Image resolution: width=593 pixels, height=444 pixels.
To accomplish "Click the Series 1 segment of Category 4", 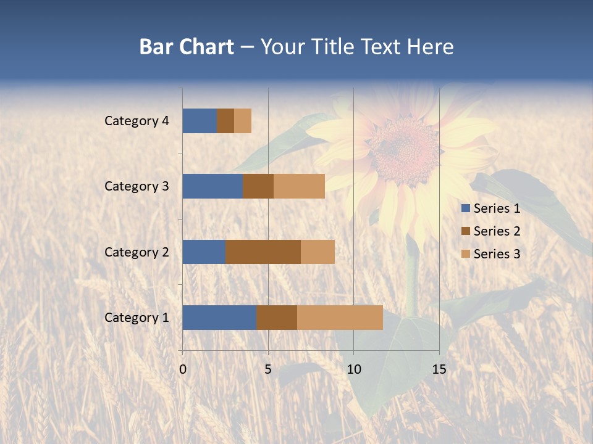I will pyautogui.click(x=200, y=121).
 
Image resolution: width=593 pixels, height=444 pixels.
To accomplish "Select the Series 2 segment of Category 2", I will pyautogui.click(x=263, y=252).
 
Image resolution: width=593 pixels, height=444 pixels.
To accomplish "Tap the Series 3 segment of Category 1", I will pyautogui.click(x=340, y=318).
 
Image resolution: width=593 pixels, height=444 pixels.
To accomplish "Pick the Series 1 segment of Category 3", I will pyautogui.click(x=212, y=186).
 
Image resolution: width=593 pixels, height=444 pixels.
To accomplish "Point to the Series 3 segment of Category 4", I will pyautogui.click(x=243, y=121).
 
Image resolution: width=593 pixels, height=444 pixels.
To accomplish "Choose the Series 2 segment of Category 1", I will pyautogui.click(x=277, y=318).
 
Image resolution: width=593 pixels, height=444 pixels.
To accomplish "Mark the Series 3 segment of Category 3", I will pyautogui.click(x=299, y=186).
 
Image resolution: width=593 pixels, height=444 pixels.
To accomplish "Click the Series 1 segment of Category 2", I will pyautogui.click(x=204, y=252).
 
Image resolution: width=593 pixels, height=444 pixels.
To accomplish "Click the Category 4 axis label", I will pyautogui.click(x=137, y=121).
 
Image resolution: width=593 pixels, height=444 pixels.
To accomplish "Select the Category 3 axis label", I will pyautogui.click(x=137, y=186).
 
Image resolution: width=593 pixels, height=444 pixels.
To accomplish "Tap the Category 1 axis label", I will pyautogui.click(x=137, y=318).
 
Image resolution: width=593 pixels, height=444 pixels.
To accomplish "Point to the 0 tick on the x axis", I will pyautogui.click(x=183, y=369).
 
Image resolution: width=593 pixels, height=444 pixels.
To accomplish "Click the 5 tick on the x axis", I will pyautogui.click(x=268, y=369).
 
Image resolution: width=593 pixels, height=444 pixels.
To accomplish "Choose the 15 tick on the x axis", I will pyautogui.click(x=439, y=369).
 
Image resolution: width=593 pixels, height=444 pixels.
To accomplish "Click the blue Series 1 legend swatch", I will pyautogui.click(x=465, y=208).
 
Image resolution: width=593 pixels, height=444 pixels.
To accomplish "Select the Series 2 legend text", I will pyautogui.click(x=497, y=231).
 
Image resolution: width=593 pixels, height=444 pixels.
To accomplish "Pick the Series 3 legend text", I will pyautogui.click(x=497, y=254).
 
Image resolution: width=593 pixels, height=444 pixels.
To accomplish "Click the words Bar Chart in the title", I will pyautogui.click(x=187, y=47).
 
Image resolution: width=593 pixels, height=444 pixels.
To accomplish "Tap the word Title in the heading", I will pyautogui.click(x=333, y=47).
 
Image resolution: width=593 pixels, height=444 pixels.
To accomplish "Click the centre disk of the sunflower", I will pyautogui.click(x=405, y=149).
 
